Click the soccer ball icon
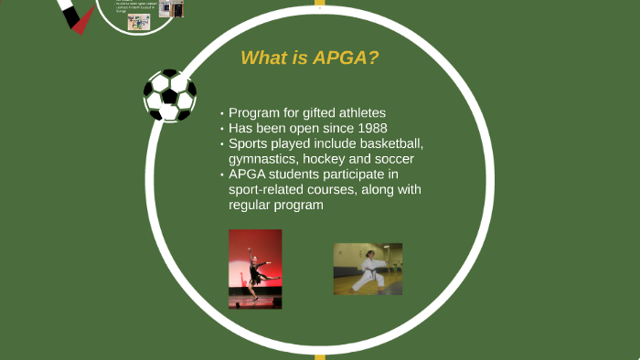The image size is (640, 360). pos(170,96)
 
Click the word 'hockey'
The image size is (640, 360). pos(336,159)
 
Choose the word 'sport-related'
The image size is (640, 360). pos(269,190)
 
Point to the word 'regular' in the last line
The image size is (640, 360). pos(252,206)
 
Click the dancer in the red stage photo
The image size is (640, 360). pos(255,270)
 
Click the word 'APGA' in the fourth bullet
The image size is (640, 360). pos(249,175)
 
